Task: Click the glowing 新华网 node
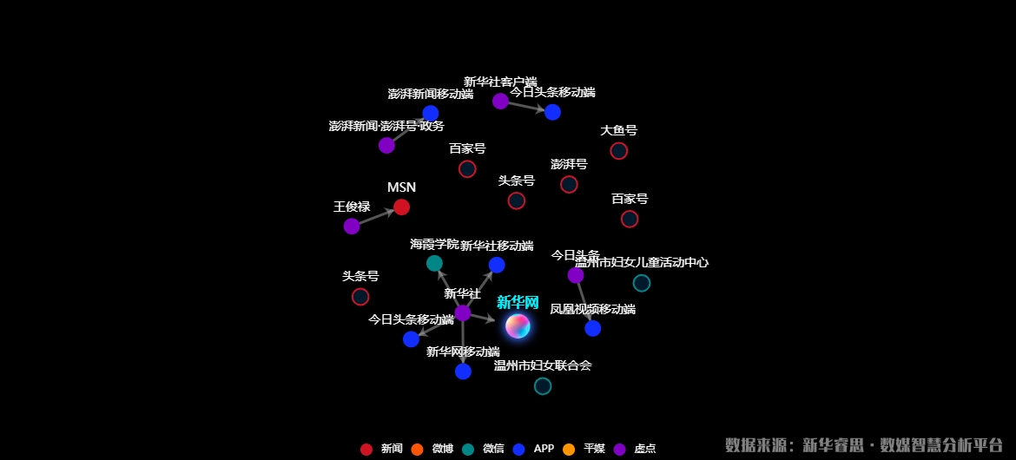(x=518, y=325)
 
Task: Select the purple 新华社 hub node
(x=463, y=312)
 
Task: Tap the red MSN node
(x=401, y=207)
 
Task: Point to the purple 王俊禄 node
(x=352, y=227)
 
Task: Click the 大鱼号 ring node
(x=618, y=151)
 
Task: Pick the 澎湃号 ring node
(x=569, y=184)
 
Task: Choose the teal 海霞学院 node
(x=434, y=263)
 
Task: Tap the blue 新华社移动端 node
(x=497, y=265)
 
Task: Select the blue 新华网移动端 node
(x=463, y=371)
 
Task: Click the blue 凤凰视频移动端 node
(x=592, y=328)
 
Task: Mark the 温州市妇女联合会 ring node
(x=543, y=386)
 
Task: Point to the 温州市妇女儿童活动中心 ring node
(x=642, y=283)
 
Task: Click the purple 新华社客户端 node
(x=500, y=101)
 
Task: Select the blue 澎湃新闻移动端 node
(x=431, y=113)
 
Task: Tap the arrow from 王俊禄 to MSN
(x=376, y=217)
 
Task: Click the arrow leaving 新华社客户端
(x=525, y=107)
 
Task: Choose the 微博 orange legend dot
(x=417, y=449)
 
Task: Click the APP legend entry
(x=533, y=449)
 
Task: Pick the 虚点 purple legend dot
(x=620, y=449)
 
